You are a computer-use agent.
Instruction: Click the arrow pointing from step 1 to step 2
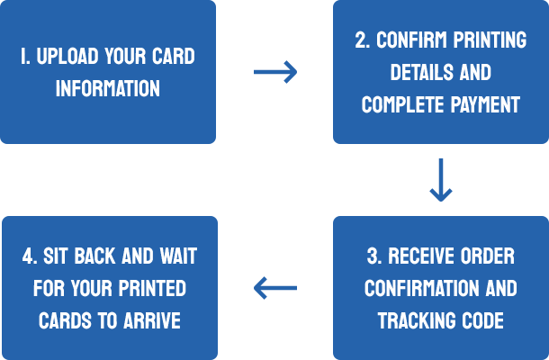click(x=275, y=72)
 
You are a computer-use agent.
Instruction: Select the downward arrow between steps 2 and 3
click(x=440, y=180)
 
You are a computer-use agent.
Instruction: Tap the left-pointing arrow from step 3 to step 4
click(x=275, y=288)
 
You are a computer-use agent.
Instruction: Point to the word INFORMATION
click(x=108, y=88)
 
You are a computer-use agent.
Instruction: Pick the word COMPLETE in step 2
click(x=400, y=105)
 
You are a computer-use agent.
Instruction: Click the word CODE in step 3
click(x=482, y=320)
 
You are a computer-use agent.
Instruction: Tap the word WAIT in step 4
click(x=176, y=256)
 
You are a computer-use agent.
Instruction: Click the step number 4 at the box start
click(x=26, y=256)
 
